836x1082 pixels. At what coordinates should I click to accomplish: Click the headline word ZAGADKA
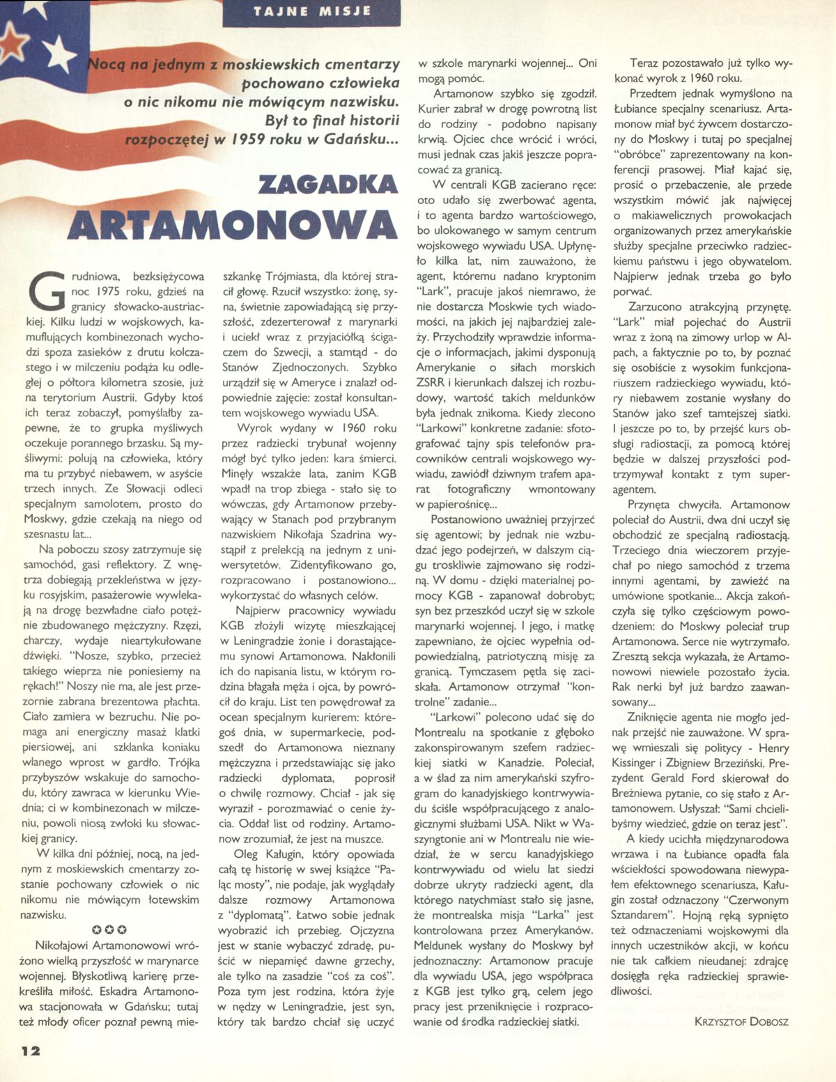point(327,185)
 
